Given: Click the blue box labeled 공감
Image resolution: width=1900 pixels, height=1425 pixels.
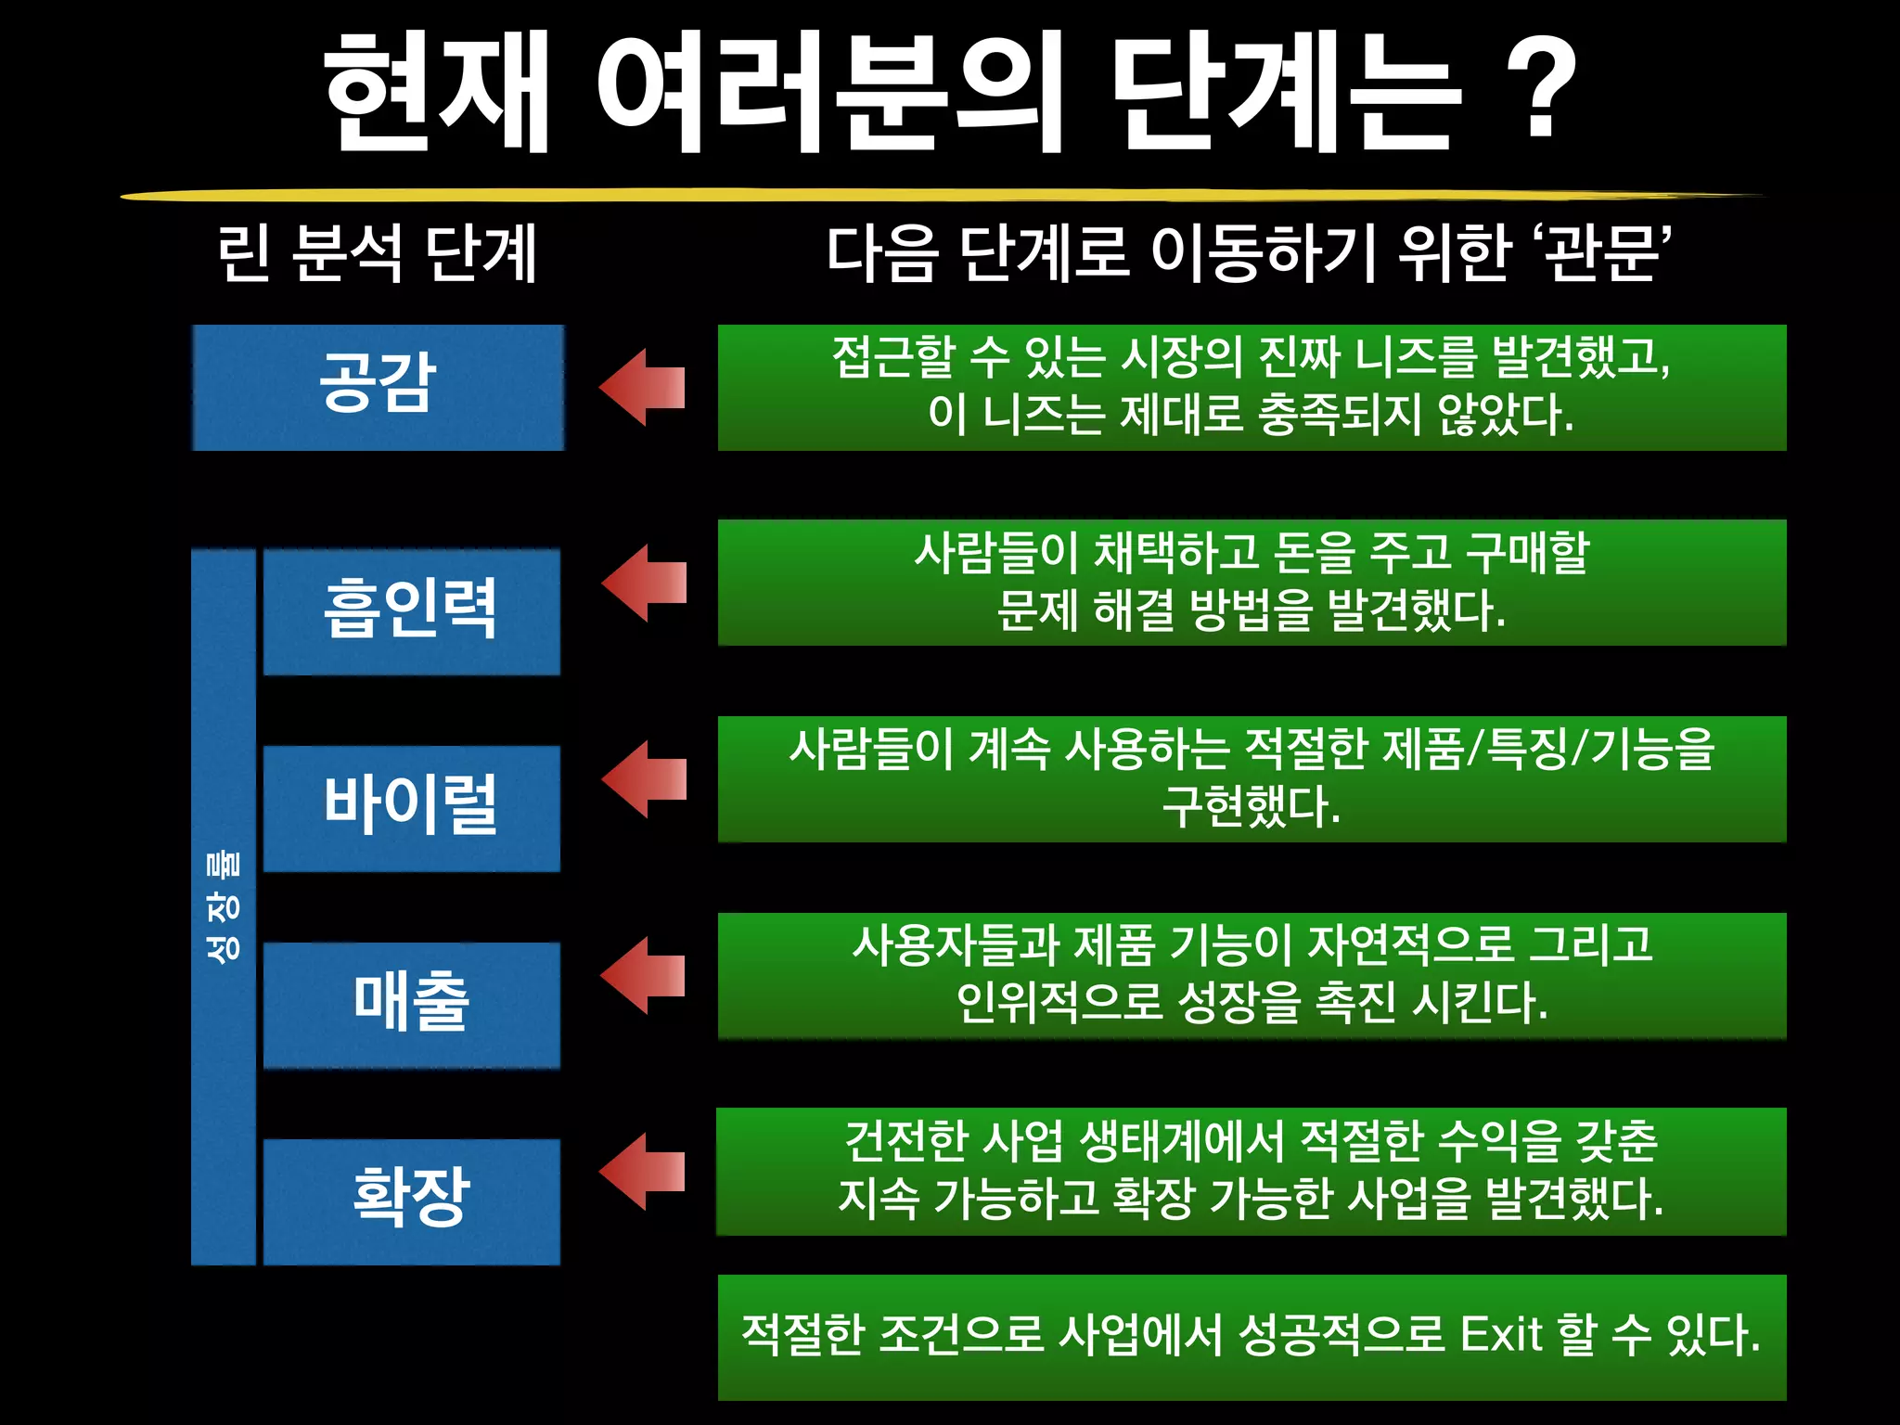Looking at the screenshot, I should click(x=378, y=387).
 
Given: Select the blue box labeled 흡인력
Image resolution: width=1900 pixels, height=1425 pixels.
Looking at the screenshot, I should click(x=411, y=610).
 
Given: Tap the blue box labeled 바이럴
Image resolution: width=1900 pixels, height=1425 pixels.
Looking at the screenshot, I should click(x=411, y=807).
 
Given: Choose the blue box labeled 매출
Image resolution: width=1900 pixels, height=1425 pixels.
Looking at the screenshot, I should click(x=411, y=1004).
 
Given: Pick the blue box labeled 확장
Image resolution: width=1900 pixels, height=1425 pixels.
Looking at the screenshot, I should click(x=411, y=1200).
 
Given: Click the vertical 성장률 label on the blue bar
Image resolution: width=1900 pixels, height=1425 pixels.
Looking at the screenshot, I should click(x=223, y=905).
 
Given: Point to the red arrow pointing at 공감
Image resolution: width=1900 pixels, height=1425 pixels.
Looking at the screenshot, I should click(x=643, y=387).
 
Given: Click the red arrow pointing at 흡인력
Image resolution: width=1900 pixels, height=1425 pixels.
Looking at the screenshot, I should click(x=645, y=583).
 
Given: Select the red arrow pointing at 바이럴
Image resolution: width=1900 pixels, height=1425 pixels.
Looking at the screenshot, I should click(x=645, y=778).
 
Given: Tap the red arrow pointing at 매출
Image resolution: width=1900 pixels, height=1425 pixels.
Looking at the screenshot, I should click(x=644, y=975).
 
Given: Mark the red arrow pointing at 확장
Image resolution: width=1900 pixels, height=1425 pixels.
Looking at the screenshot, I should click(x=643, y=1171).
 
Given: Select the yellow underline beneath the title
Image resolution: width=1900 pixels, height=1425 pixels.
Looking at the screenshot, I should click(x=942, y=196).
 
